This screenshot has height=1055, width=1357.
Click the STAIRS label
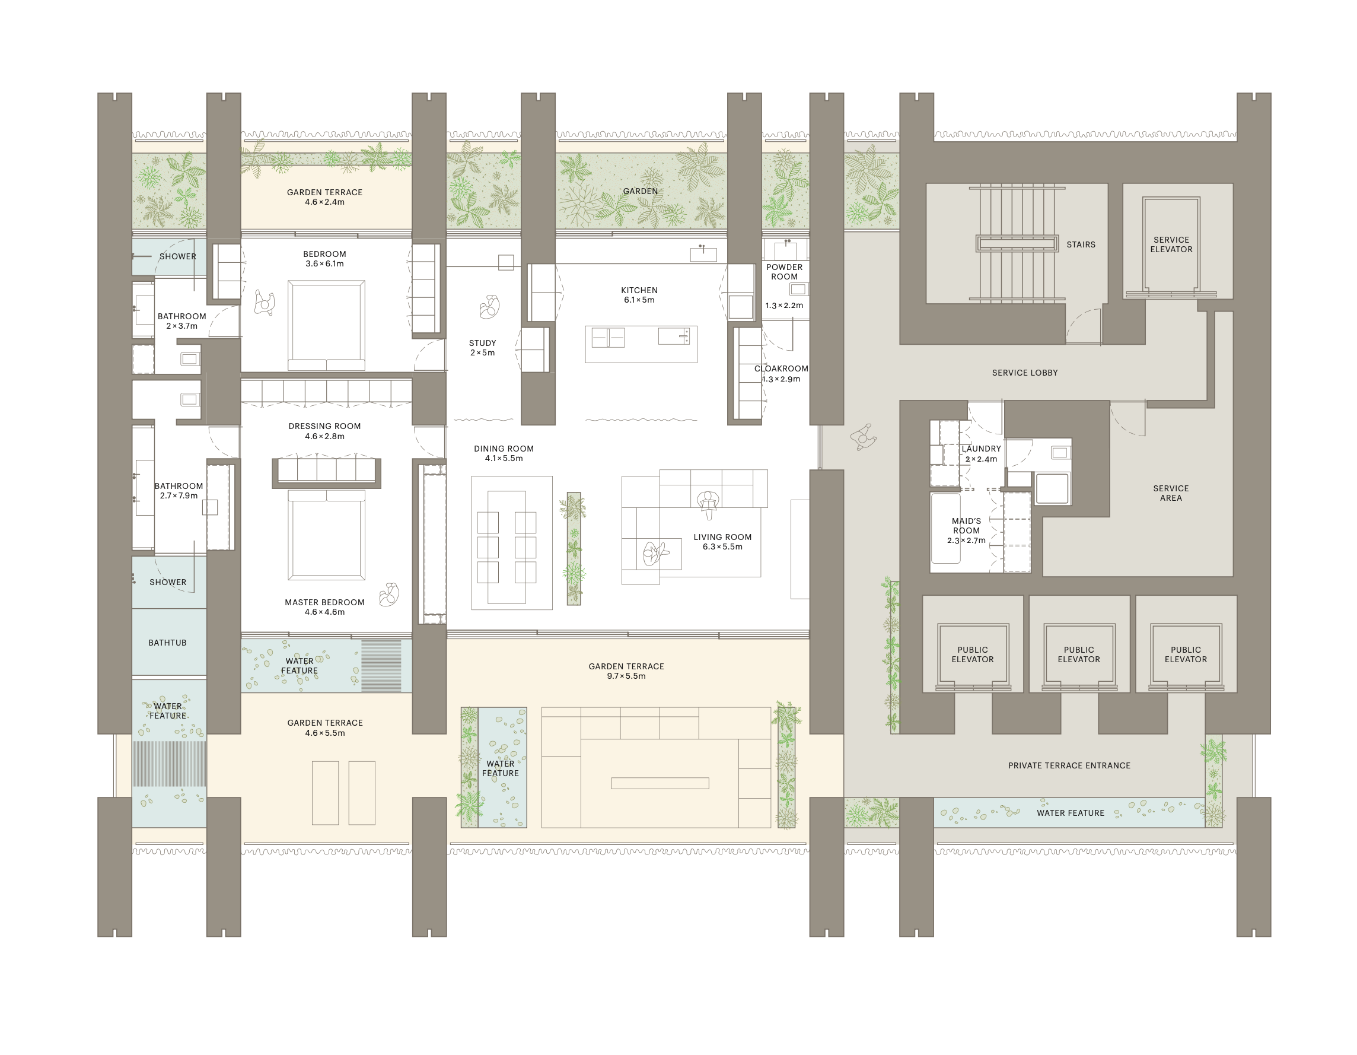(1081, 244)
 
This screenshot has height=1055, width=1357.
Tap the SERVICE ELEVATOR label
(1171, 244)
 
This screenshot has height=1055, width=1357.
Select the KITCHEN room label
(639, 290)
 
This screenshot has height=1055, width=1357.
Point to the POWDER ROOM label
(784, 272)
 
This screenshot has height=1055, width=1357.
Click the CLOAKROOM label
(781, 368)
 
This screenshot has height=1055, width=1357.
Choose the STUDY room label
(482, 343)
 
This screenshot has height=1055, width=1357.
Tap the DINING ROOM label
(504, 448)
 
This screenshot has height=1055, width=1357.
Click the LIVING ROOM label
(722, 537)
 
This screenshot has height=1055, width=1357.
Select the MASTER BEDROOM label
(324, 602)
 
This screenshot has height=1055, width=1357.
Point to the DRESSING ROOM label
(324, 426)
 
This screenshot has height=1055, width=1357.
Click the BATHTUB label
(167, 643)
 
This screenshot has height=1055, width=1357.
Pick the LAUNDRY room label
(981, 448)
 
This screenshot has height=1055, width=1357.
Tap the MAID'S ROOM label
(966, 526)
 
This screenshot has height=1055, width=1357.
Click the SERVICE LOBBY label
(1025, 373)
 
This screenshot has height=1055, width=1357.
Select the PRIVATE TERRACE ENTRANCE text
(1069, 766)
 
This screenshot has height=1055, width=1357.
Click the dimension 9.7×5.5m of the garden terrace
(626, 676)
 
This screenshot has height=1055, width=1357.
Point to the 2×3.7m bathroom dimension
(181, 326)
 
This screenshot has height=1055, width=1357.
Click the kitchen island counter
(641, 344)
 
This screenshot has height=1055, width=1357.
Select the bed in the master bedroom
(326, 535)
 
